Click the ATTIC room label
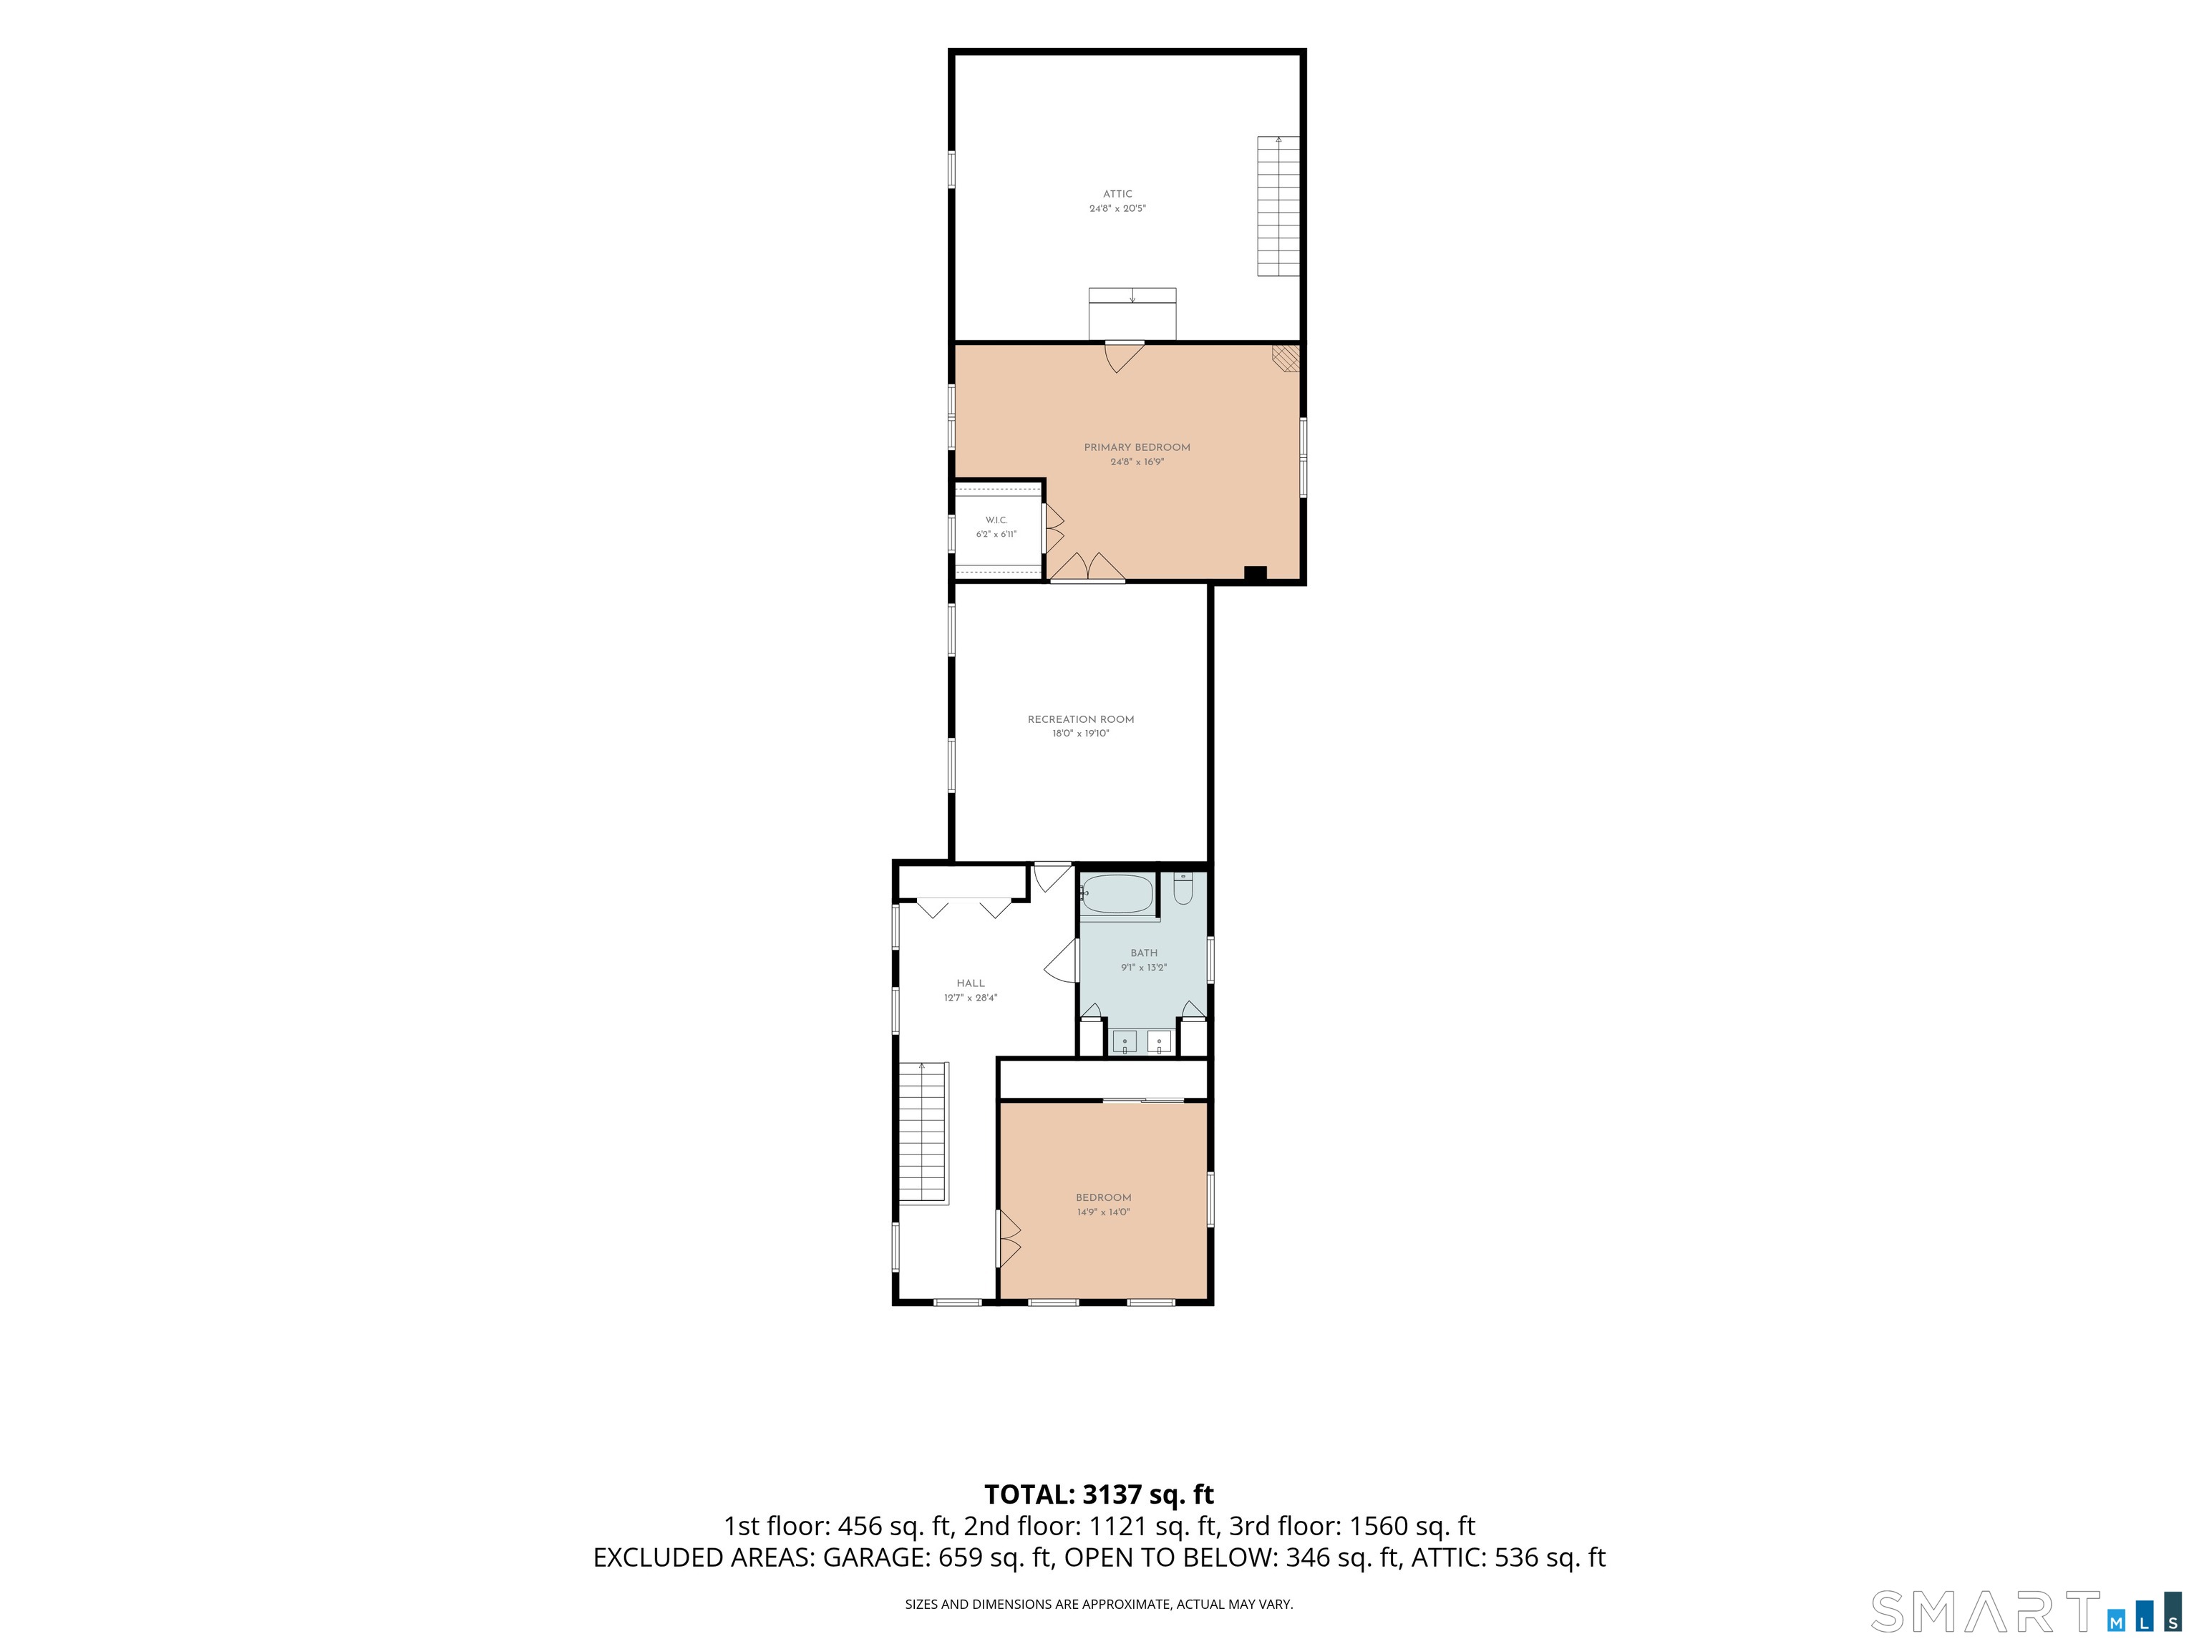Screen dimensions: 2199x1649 tap(1117, 195)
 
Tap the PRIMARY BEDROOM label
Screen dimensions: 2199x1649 tap(1137, 447)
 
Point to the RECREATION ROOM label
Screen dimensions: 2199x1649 tap(1081, 719)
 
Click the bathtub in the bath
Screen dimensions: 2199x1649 tap(1118, 894)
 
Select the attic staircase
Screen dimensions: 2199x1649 tap(1278, 207)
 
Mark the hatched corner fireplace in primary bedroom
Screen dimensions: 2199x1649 tap(1286, 358)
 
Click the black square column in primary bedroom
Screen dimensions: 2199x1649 tap(1256, 573)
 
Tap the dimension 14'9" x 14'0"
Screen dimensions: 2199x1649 tap(1104, 1212)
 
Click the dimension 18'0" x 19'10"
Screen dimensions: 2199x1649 tap(1081, 734)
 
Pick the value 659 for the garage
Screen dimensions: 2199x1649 tap(961, 1557)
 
